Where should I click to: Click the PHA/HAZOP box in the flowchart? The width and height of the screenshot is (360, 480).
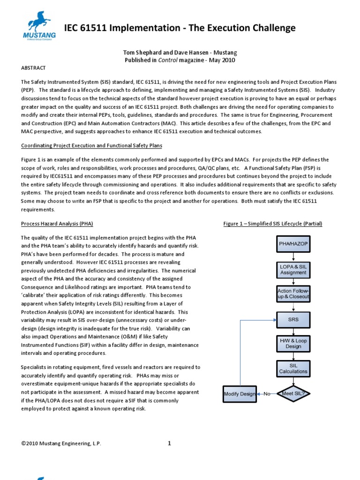pyautogui.click(x=293, y=244)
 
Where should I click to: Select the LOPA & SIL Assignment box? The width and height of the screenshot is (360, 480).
pyautogui.click(x=293, y=269)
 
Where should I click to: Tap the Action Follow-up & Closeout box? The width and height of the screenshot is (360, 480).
pyautogui.click(x=293, y=294)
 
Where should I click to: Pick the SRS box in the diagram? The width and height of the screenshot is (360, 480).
pyautogui.click(x=293, y=319)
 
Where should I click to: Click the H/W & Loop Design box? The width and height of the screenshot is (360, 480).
pyautogui.click(x=293, y=344)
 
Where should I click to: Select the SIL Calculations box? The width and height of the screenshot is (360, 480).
pyautogui.click(x=293, y=368)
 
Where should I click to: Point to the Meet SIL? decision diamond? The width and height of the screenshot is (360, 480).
pyautogui.click(x=293, y=394)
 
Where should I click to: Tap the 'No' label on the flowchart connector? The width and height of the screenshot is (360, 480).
pyautogui.click(x=267, y=394)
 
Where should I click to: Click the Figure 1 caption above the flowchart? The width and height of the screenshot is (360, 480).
pyautogui.click(x=273, y=224)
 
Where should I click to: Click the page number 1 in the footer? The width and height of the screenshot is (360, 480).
pyautogui.click(x=169, y=443)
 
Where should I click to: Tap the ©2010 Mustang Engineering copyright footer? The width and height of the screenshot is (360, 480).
pyautogui.click(x=61, y=443)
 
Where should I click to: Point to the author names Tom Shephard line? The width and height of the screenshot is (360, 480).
pyautogui.click(x=180, y=53)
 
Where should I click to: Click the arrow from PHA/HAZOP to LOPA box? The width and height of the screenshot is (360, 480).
pyautogui.click(x=293, y=256)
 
